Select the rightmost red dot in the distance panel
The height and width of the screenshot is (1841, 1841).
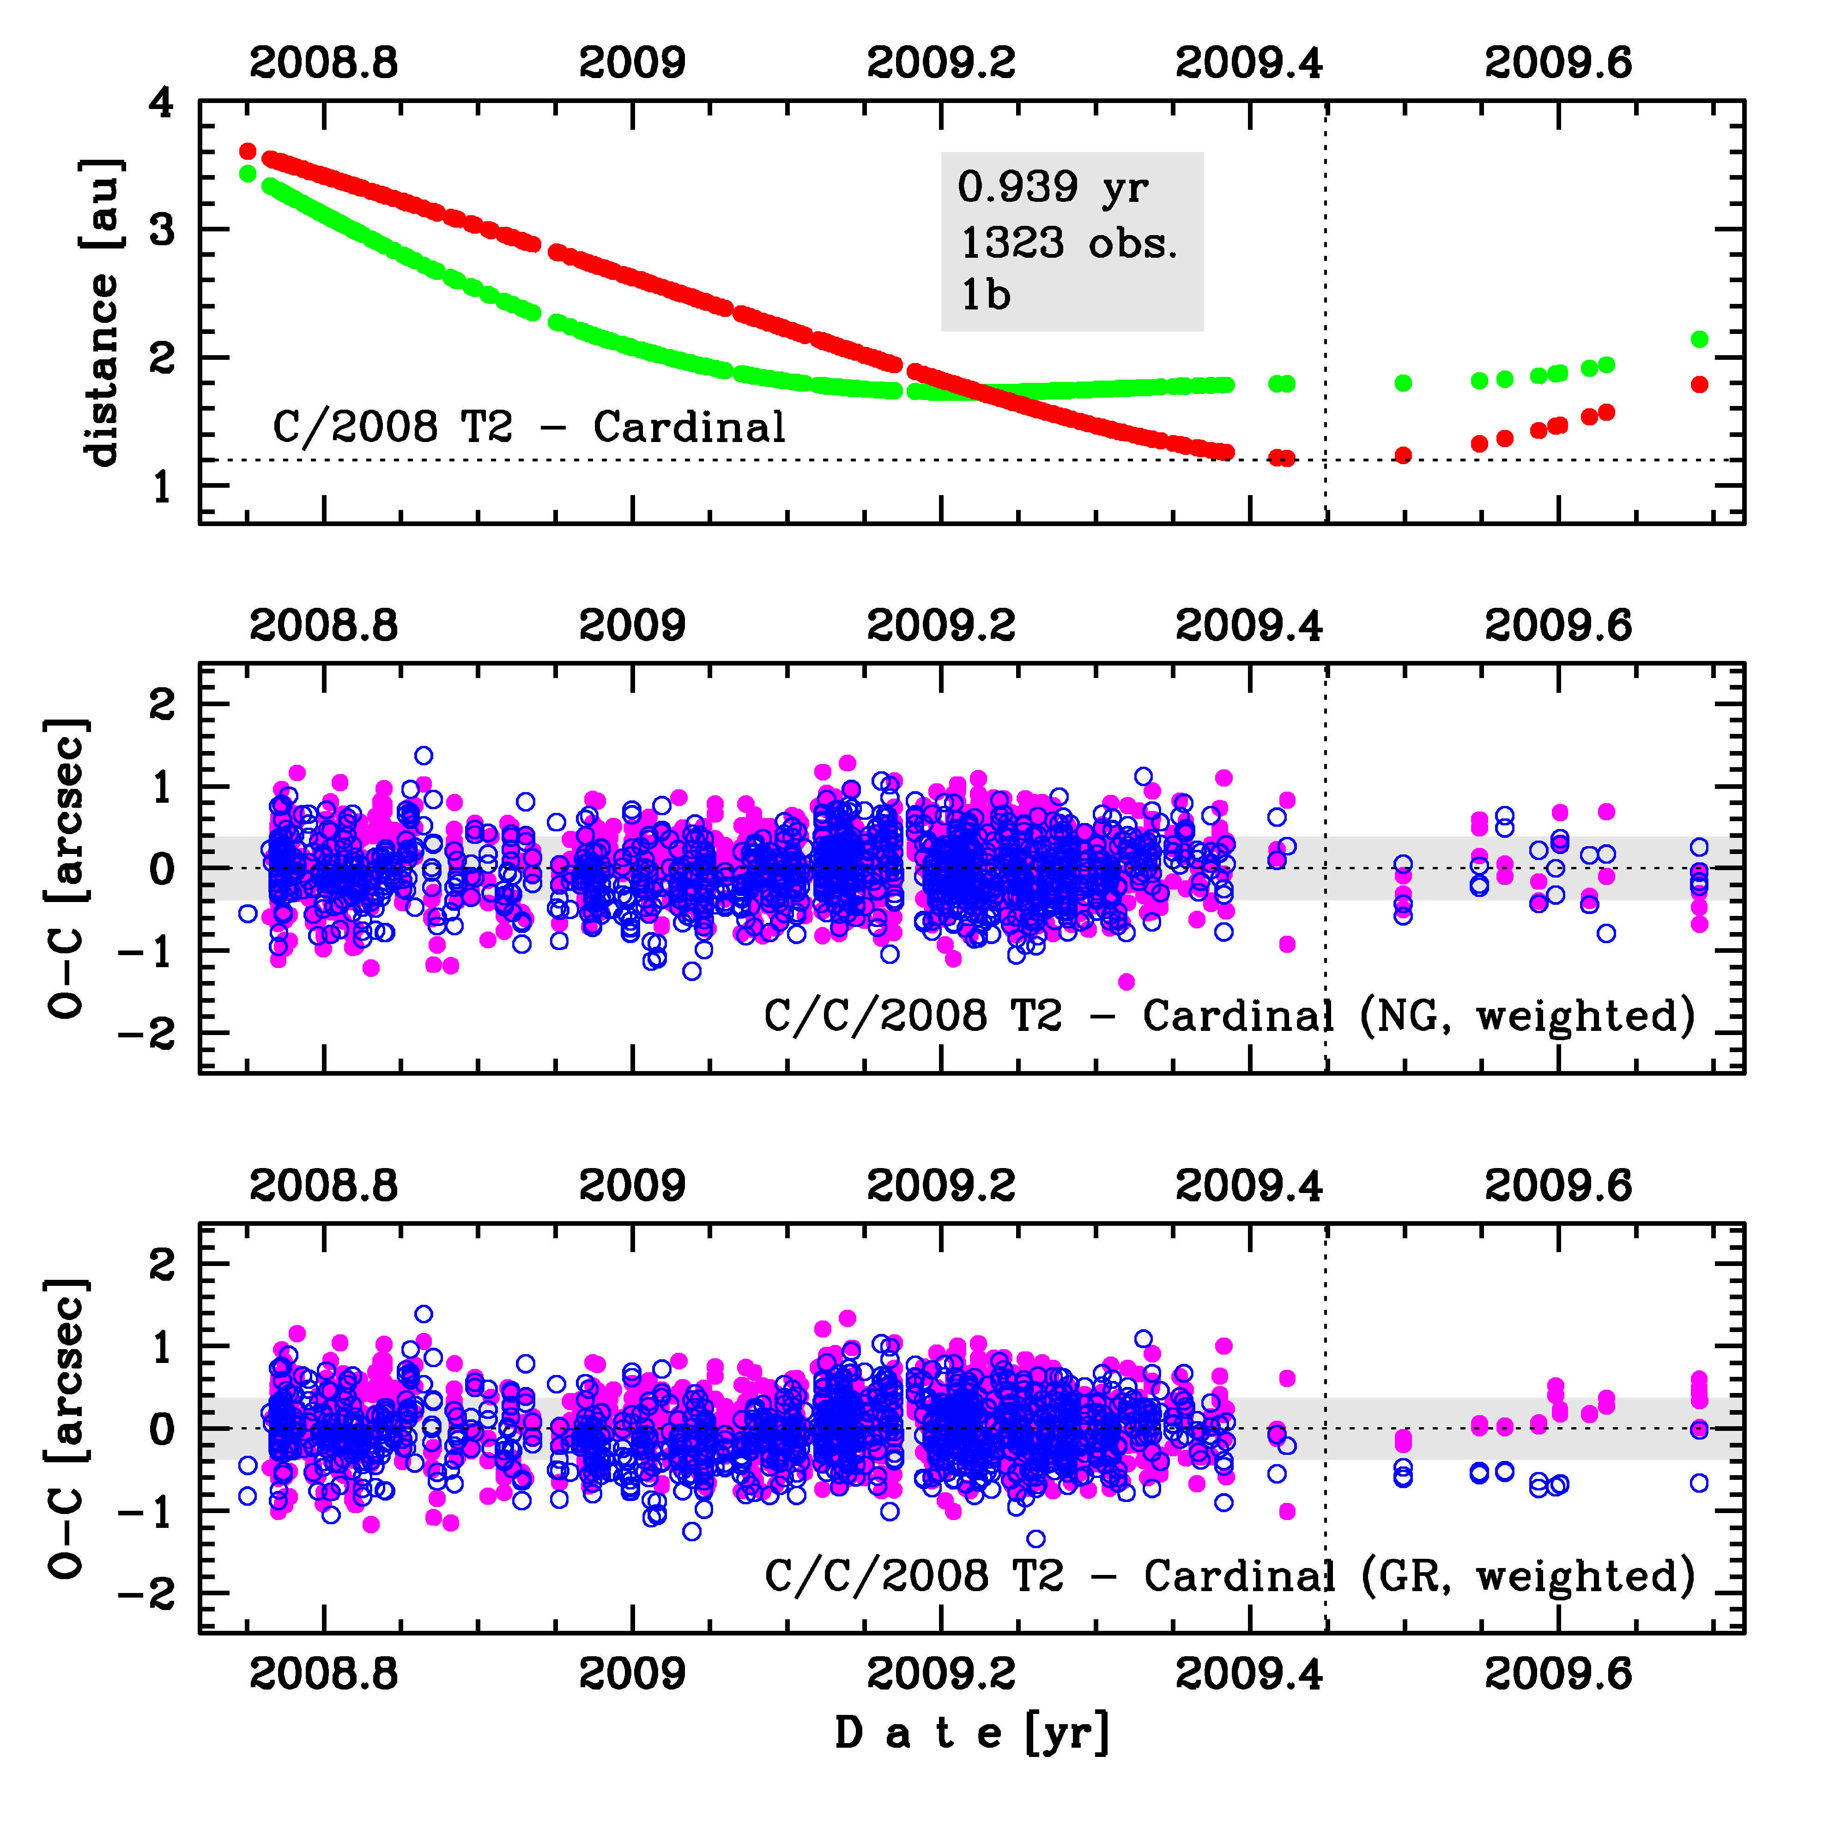click(x=1699, y=384)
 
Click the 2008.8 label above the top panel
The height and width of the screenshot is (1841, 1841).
click(x=324, y=63)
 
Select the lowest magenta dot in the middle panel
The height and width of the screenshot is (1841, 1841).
click(x=1126, y=981)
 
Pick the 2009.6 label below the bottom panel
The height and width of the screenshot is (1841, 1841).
click(x=1558, y=1673)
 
